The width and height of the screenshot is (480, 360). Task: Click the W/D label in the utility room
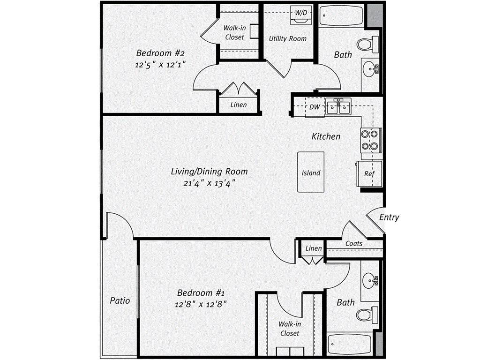click(300, 12)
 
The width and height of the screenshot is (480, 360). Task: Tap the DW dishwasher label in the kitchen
click(315, 107)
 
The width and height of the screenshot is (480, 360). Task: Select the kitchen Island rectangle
click(311, 172)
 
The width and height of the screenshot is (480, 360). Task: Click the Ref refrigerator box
click(370, 173)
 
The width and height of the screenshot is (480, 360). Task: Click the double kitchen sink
click(338, 107)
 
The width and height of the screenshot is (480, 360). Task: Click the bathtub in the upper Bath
click(341, 18)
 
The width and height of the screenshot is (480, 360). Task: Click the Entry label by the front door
click(389, 217)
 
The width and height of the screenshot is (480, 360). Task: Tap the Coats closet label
click(354, 244)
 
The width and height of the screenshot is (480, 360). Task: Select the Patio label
click(120, 300)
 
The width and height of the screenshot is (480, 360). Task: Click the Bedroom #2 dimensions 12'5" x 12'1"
click(157, 65)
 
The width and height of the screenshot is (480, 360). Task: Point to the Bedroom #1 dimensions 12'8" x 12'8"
click(202, 304)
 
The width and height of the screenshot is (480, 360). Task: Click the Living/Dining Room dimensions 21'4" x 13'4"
click(209, 183)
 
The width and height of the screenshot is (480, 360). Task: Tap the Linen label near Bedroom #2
click(238, 105)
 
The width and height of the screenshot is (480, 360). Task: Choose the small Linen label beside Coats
click(314, 248)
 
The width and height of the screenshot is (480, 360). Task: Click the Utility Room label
click(287, 38)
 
